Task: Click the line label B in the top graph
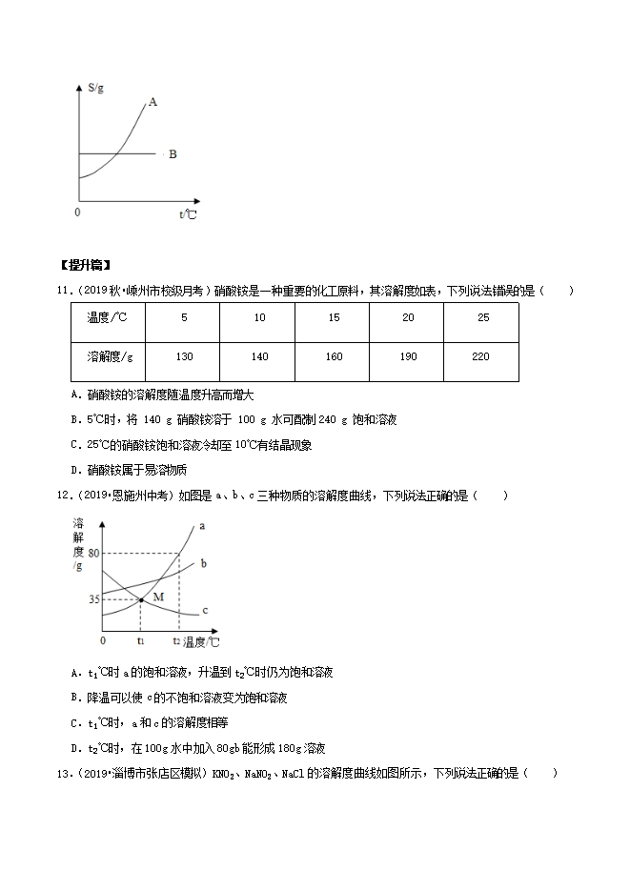coord(173,153)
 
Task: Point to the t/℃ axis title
coord(188,215)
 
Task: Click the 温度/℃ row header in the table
coord(107,316)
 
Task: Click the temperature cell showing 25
coord(481,316)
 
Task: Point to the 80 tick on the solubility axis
coord(92,554)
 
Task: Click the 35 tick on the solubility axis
coord(92,599)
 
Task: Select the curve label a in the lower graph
coord(202,526)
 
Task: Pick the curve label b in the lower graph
coord(203,564)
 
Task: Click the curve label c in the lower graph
coord(205,610)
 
